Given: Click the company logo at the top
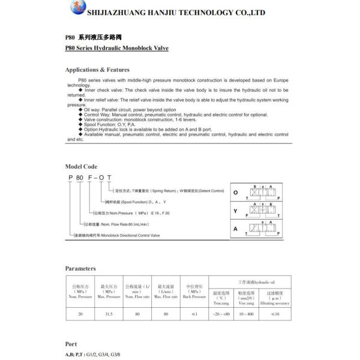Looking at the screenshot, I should coord(76,9).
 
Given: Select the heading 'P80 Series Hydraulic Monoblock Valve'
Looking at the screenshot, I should coord(118,46).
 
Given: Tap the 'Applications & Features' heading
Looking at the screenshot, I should coord(97,70).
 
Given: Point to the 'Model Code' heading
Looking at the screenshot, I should coord(81,166).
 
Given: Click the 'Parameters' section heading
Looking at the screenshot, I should coord(80,268).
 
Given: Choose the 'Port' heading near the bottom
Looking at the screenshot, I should coord(71,344).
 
